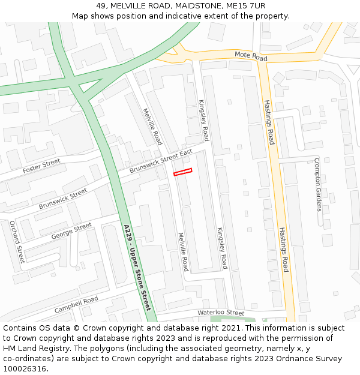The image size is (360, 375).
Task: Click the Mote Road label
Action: tap(251, 56)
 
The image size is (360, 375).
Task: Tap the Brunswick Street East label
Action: tap(160, 162)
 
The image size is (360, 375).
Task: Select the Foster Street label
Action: tap(42, 166)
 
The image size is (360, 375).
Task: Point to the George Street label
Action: tap(71, 231)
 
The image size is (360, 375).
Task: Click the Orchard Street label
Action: tap(17, 242)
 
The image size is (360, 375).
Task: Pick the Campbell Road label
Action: tap(76, 305)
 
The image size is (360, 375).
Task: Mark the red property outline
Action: tap(182, 172)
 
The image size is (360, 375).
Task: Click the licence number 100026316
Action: tap(25, 369)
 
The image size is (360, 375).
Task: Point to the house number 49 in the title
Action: tap(100, 5)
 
